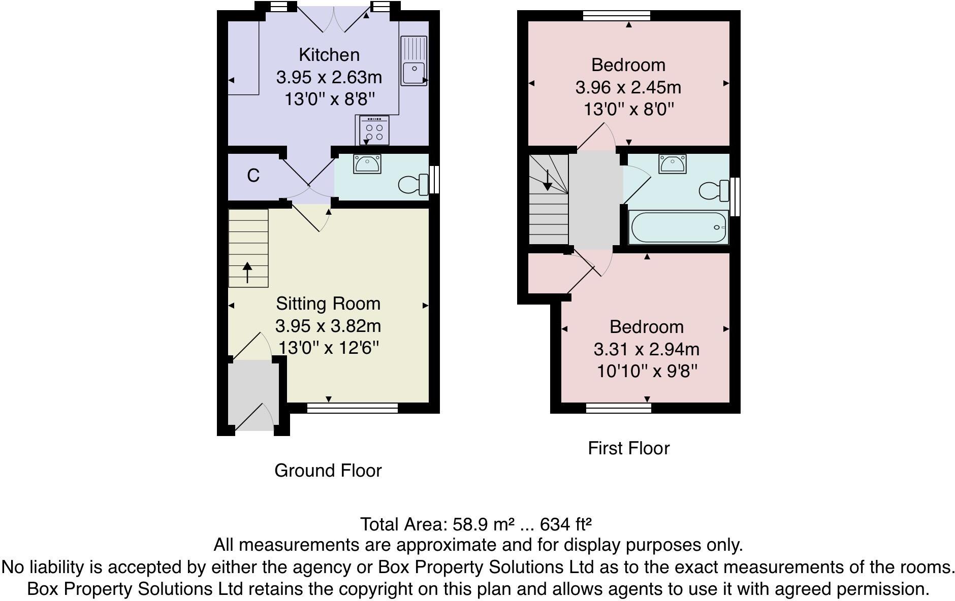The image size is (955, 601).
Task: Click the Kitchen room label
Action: tap(329, 55)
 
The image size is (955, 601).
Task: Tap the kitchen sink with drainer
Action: tap(413, 60)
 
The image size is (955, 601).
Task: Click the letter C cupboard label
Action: tap(253, 176)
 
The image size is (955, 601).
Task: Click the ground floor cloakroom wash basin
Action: tap(367, 164)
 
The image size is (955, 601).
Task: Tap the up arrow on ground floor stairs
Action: tap(247, 272)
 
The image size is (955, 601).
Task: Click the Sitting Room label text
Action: tap(328, 304)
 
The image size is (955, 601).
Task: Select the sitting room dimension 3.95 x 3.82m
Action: tap(328, 326)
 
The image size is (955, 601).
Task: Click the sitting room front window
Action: tap(353, 408)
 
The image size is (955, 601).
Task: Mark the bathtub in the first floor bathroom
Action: tap(678, 227)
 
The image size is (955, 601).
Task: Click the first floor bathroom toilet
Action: tap(714, 191)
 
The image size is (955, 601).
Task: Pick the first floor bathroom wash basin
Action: tap(672, 163)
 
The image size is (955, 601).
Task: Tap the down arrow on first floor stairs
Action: tap(547, 181)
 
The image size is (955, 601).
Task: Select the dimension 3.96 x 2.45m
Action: tap(628, 87)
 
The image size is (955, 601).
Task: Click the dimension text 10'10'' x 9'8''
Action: tap(646, 372)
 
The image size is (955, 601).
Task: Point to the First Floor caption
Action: tap(628, 448)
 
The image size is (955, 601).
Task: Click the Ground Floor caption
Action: tap(328, 471)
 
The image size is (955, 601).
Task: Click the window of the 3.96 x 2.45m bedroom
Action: tap(616, 16)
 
